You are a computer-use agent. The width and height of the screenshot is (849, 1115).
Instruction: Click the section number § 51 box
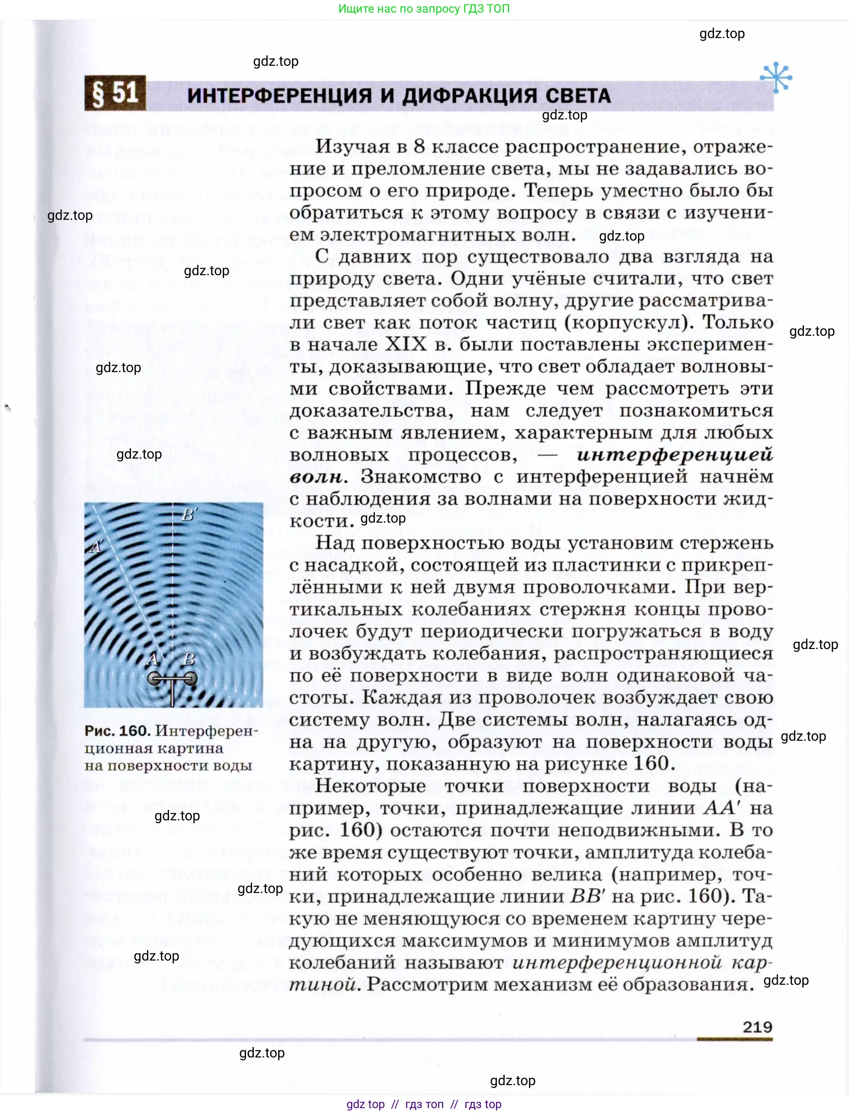click(115, 93)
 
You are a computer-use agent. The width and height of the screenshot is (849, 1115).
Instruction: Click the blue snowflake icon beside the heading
click(776, 77)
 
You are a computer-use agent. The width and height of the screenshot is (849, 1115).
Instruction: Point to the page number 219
click(757, 1027)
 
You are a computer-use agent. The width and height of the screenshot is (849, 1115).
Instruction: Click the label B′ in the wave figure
click(189, 515)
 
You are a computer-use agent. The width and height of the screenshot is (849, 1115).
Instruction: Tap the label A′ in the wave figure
click(96, 547)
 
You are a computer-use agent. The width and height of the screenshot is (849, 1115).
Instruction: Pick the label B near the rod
click(189, 659)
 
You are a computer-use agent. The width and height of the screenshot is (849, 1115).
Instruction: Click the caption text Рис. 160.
click(117, 731)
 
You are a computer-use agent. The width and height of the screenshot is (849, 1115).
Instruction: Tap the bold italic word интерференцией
click(675, 454)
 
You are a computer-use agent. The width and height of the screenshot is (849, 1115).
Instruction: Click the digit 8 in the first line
click(419, 147)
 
